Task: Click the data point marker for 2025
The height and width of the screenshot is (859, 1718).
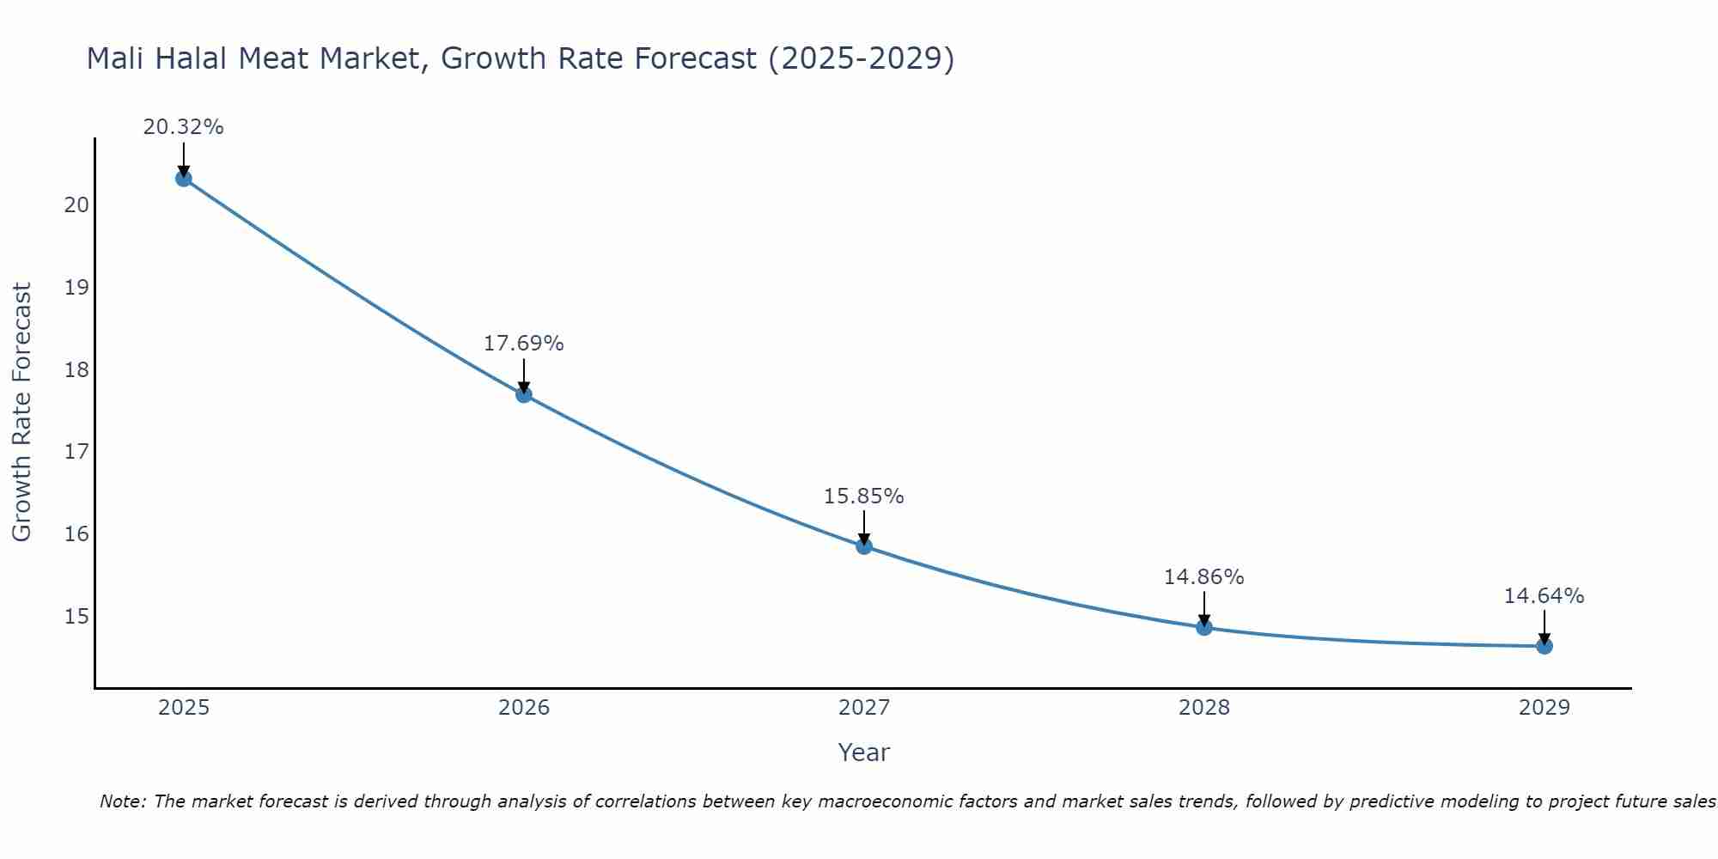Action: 183,179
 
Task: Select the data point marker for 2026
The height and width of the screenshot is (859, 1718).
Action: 524,395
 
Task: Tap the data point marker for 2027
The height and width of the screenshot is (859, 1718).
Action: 864,546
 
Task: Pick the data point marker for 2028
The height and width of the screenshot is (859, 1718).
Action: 1204,628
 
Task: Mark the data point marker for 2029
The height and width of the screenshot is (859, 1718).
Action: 1544,646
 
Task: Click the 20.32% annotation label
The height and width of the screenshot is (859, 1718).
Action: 183,127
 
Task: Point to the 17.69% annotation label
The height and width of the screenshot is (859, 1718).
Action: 524,344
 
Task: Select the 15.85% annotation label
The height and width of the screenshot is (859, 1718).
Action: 864,497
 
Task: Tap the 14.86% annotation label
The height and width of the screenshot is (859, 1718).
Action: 1204,577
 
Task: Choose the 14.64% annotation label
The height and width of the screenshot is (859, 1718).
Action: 1544,596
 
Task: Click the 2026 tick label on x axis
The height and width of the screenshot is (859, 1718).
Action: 524,708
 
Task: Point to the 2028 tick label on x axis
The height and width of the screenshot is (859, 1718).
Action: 1204,708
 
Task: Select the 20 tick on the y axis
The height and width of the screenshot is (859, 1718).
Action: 76,205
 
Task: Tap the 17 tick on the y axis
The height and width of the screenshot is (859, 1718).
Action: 76,452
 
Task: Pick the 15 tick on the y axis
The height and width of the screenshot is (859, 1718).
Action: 76,617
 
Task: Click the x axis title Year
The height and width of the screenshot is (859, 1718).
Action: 864,752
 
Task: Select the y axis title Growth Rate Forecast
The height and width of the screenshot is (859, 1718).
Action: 21,412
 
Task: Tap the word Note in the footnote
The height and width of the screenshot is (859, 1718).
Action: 122,801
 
